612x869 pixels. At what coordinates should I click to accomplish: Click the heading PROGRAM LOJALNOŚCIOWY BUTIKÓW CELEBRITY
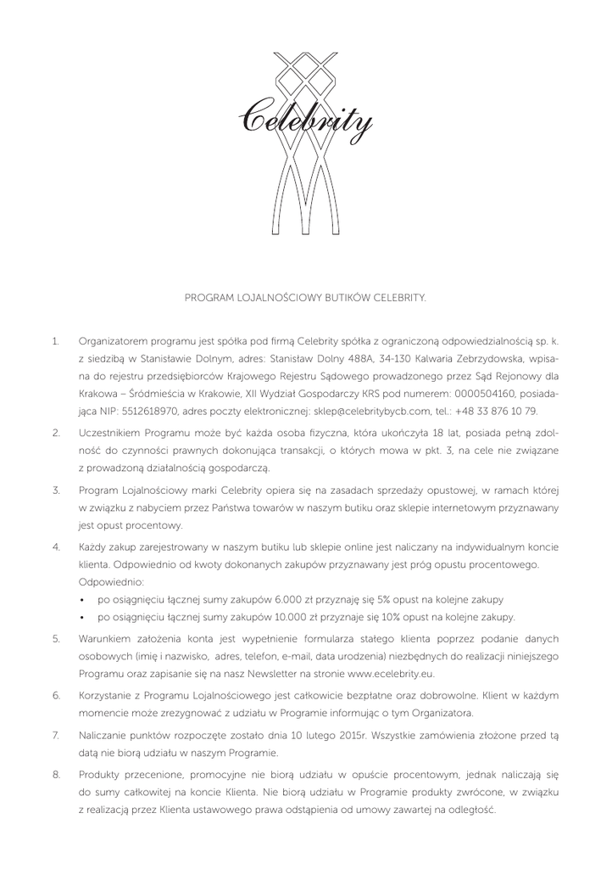tap(306, 298)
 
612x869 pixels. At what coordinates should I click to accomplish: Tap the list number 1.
tap(55, 341)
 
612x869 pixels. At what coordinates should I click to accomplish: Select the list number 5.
tap(56, 637)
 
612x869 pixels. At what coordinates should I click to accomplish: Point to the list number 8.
tap(56, 775)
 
